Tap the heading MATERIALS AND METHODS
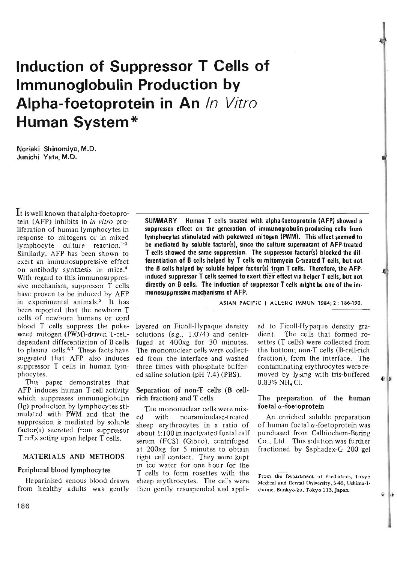pyautogui.click(x=74, y=456)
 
